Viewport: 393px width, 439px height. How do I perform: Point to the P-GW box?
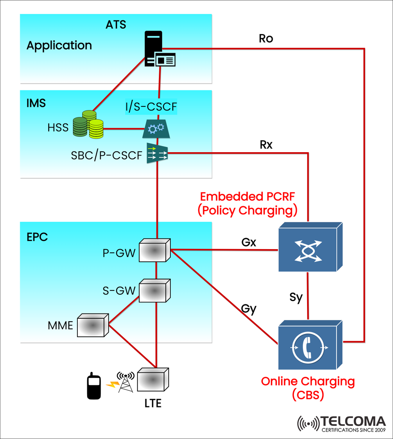pyautogui.click(x=154, y=250)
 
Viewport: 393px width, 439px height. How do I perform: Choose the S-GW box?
pyautogui.click(x=155, y=290)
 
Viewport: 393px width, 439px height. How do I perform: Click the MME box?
pyautogui.click(x=93, y=326)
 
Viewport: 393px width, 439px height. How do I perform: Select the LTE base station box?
pyautogui.click(x=153, y=379)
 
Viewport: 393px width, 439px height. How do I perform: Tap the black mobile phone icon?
pyautogui.click(x=94, y=386)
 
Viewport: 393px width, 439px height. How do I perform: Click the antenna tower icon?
pyautogui.click(x=125, y=382)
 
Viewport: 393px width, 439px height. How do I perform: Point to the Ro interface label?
pyautogui.click(x=266, y=39)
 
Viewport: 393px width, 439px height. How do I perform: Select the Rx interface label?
pyautogui.click(x=266, y=145)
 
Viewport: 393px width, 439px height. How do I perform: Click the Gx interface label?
pyautogui.click(x=248, y=242)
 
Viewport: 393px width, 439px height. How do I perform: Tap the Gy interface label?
pyautogui.click(x=248, y=309)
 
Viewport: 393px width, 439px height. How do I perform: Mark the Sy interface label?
pyautogui.click(x=295, y=297)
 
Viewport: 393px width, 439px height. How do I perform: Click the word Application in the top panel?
pyautogui.click(x=59, y=45)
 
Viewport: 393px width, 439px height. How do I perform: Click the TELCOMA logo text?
pyautogui.click(x=353, y=421)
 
